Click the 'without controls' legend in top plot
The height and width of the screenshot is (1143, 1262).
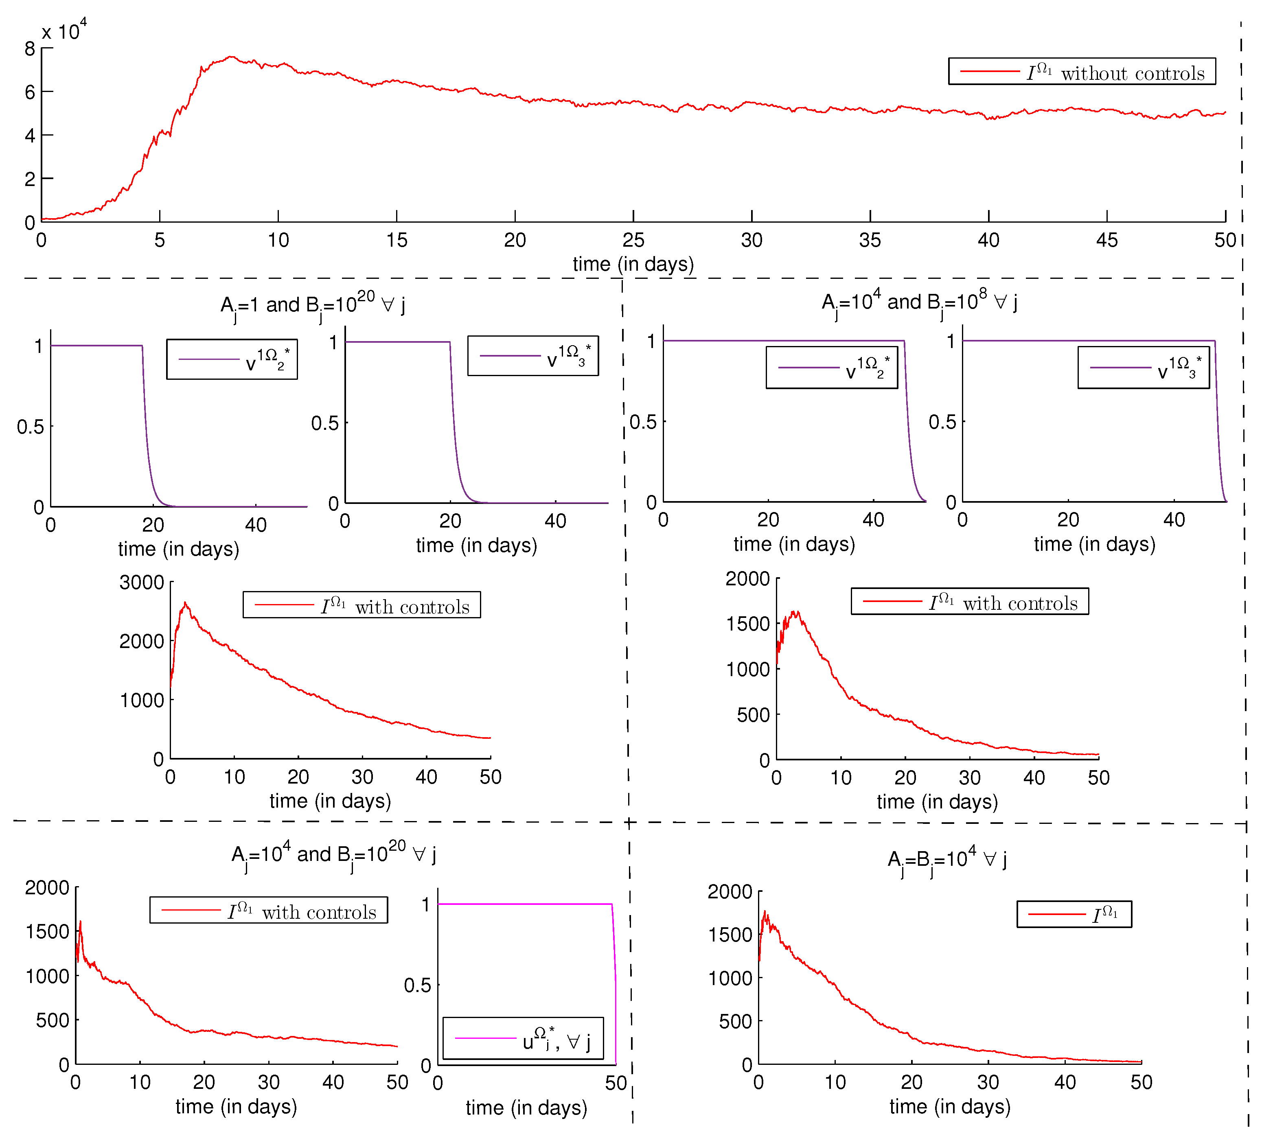coord(1082,71)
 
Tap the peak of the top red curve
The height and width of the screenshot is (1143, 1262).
coord(231,57)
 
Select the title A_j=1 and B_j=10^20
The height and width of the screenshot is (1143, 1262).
coord(313,305)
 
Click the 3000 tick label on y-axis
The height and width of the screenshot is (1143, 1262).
coord(142,583)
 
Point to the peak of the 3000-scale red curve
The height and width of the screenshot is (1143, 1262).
coord(185,603)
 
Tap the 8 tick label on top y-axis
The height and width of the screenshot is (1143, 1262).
coord(29,49)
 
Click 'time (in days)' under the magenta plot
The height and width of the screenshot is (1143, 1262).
coord(526,1108)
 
